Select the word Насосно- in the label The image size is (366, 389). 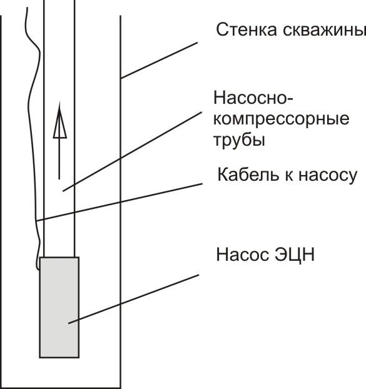[253, 98]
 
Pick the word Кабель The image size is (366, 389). [245, 174]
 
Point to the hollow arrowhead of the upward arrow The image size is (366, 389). [59, 124]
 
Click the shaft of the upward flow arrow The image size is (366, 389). [59, 159]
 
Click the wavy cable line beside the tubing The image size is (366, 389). [29, 125]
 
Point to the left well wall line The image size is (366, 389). [1, 188]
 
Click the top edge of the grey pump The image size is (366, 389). [59, 258]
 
